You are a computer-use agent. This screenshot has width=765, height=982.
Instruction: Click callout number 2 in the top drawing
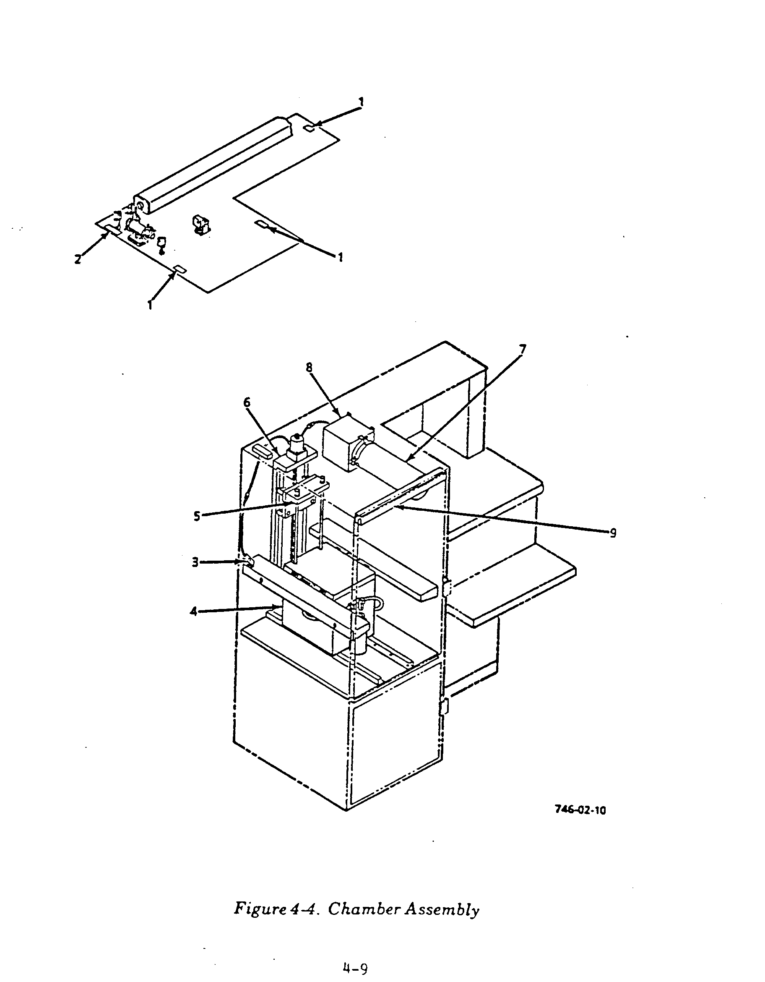tap(78, 259)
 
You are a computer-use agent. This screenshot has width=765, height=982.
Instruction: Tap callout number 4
tap(194, 611)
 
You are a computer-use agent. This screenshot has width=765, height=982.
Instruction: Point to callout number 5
tap(197, 516)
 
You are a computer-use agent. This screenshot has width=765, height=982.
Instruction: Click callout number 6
tap(247, 402)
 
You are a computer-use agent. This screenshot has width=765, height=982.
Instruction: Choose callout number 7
tap(522, 349)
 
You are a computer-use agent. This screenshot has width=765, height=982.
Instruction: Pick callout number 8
tap(309, 367)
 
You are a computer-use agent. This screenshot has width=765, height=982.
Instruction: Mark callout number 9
tap(613, 533)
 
